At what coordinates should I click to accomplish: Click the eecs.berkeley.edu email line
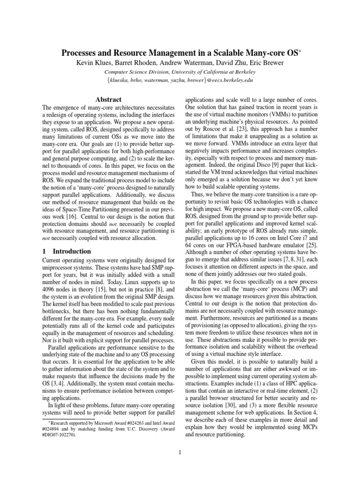pos(180,80)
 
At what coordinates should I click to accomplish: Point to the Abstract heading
pos(108,99)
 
